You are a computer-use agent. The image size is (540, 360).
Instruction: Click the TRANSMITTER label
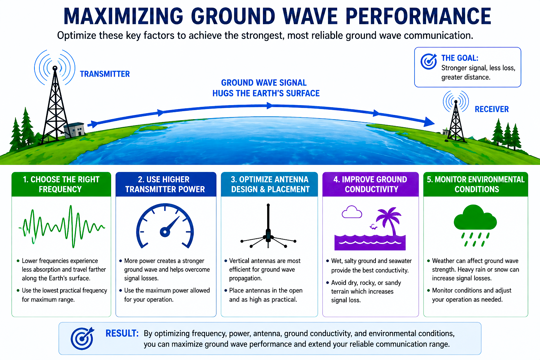[x=105, y=74]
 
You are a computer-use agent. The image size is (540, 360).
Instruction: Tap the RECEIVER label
[x=491, y=109]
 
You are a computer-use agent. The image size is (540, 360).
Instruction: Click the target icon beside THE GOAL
[x=429, y=62]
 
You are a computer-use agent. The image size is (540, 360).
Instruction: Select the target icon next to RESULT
[x=82, y=338]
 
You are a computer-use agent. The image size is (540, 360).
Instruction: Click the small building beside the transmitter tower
[x=75, y=130]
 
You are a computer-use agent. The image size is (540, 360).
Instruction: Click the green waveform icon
[x=62, y=227]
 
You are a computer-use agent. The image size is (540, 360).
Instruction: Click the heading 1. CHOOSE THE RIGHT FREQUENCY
[x=61, y=184]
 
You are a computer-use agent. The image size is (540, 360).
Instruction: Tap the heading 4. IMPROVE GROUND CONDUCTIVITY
[x=371, y=184]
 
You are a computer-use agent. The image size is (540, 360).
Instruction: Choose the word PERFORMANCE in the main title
[x=418, y=16]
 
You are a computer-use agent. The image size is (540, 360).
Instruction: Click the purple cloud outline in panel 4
[x=352, y=212]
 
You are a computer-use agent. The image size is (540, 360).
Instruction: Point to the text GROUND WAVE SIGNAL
[x=264, y=83]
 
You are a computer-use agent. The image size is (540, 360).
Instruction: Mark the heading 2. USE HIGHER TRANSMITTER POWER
[x=165, y=184]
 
